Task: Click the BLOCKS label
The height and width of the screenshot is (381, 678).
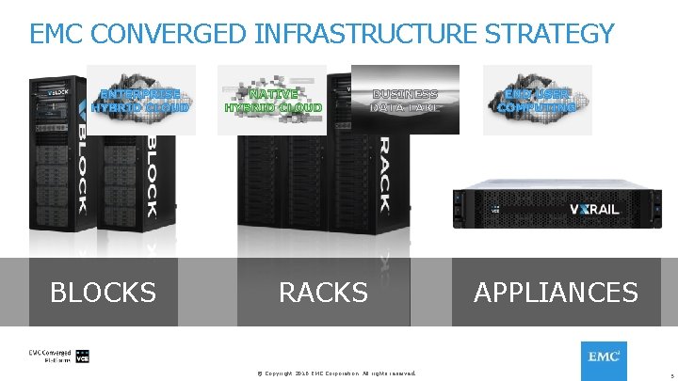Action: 103,293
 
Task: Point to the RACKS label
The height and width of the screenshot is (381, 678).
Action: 323,293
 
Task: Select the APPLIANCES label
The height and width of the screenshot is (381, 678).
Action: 556,293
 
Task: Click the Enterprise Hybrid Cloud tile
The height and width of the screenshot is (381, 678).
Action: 143,100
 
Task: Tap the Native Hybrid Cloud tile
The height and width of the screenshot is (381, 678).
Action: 272,100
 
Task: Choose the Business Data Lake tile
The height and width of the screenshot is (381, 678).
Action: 405,100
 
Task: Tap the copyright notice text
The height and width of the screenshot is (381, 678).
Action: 336,373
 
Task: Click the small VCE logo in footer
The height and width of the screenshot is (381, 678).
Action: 82,357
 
